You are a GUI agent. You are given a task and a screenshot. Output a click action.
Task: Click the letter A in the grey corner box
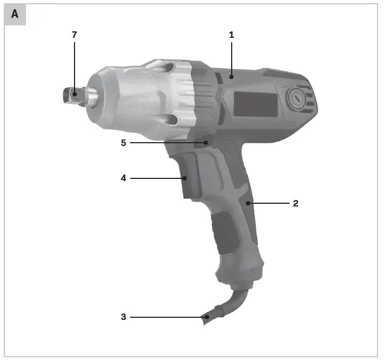click(x=15, y=15)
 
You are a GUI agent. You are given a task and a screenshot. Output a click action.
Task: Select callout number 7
click(x=75, y=35)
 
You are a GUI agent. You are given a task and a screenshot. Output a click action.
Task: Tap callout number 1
click(x=231, y=35)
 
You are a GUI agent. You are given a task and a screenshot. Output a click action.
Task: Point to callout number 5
click(x=123, y=143)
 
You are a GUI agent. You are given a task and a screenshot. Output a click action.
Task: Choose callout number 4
click(x=123, y=177)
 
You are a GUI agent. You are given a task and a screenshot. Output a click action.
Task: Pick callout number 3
click(x=123, y=317)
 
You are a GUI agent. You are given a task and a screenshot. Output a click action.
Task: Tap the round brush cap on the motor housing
click(x=297, y=99)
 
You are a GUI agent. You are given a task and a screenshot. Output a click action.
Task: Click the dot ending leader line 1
click(x=231, y=77)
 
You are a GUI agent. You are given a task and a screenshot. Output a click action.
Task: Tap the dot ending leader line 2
click(x=248, y=203)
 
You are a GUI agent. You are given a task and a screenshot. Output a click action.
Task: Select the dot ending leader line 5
click(x=206, y=143)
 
